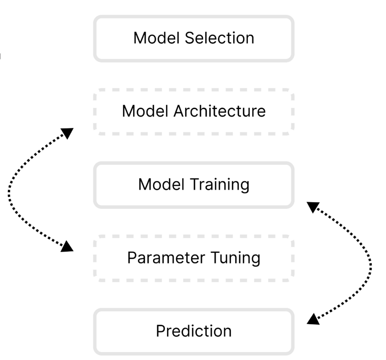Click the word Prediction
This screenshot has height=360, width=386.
(x=194, y=331)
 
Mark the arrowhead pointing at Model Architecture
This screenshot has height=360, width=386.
(x=67, y=133)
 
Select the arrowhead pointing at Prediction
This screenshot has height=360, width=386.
(x=313, y=319)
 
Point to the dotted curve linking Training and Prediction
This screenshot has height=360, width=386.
(x=371, y=264)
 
